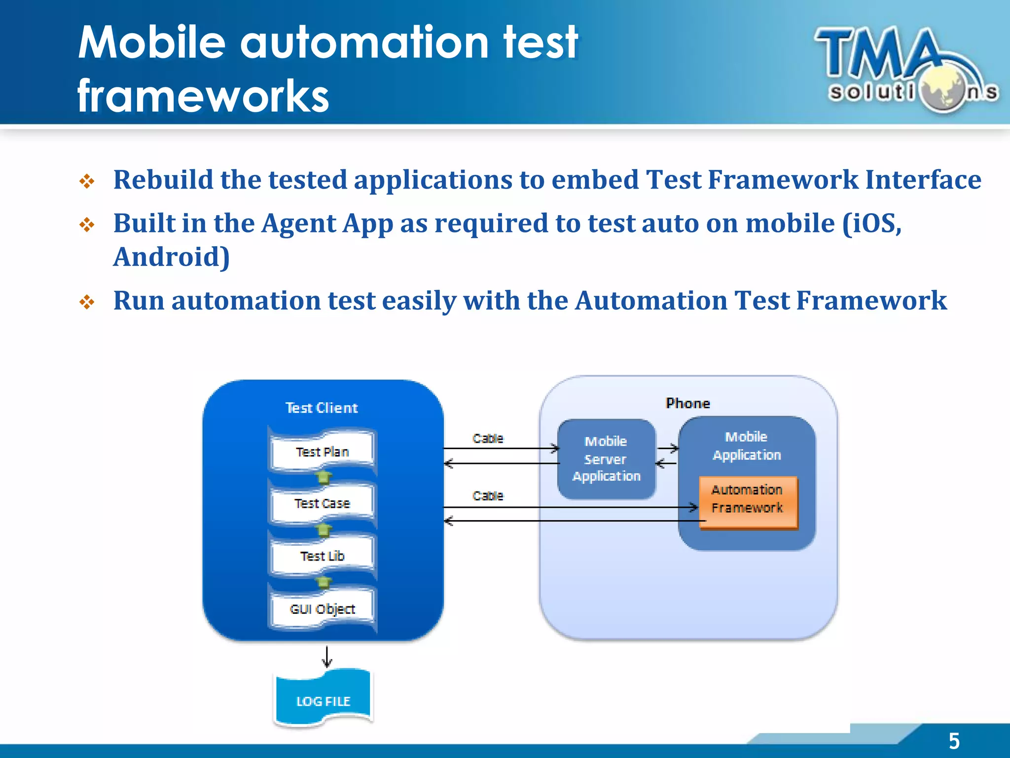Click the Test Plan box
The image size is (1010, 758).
322,452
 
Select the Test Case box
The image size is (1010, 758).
322,503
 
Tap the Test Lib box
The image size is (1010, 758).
322,556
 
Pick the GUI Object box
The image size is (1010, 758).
322,608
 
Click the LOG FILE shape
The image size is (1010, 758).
323,700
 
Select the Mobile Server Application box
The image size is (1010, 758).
606,459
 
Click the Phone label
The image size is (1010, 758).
687,403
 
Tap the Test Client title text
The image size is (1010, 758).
322,408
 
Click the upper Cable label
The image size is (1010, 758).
488,438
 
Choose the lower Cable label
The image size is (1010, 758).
488,495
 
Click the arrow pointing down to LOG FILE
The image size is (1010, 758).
327,657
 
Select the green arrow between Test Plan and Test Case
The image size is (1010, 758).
323,477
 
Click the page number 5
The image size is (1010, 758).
954,741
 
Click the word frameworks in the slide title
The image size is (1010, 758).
203,96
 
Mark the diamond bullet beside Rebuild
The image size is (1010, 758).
87,181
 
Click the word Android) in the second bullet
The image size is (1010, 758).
172,257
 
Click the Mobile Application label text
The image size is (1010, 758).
747,446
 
